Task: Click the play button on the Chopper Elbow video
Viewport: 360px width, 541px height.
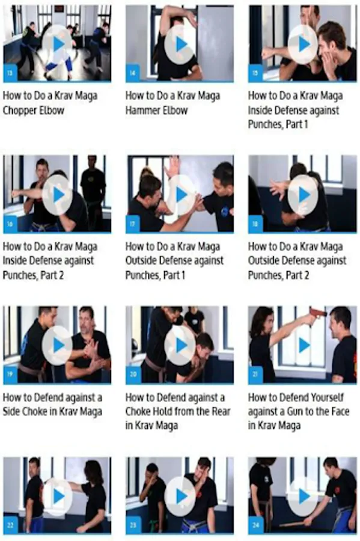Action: click(58, 44)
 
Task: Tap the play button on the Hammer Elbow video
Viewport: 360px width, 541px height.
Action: click(180, 44)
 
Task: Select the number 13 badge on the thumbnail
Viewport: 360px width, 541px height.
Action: click(10, 73)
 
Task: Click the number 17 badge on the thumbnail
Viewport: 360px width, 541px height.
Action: click(133, 224)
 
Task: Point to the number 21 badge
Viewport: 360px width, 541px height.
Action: click(255, 374)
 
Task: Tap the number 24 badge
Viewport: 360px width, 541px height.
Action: click(255, 525)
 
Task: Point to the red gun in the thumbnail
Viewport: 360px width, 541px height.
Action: click(317, 313)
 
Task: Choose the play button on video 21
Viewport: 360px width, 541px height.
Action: click(303, 346)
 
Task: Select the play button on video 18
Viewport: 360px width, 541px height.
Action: click(303, 195)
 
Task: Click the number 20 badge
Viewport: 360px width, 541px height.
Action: click(133, 374)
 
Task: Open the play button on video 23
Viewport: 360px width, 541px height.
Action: click(180, 496)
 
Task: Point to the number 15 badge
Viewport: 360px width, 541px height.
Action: click(255, 73)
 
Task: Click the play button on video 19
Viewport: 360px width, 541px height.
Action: click(58, 346)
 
